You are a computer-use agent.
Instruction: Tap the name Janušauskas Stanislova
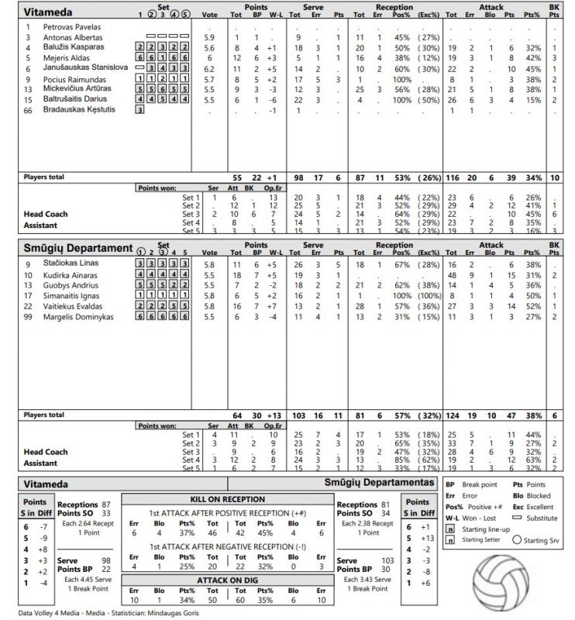[x=86, y=67]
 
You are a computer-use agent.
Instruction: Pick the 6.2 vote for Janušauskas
[x=209, y=68]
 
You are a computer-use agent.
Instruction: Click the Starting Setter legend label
[x=481, y=539]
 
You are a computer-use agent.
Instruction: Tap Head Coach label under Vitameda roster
[x=46, y=214]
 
